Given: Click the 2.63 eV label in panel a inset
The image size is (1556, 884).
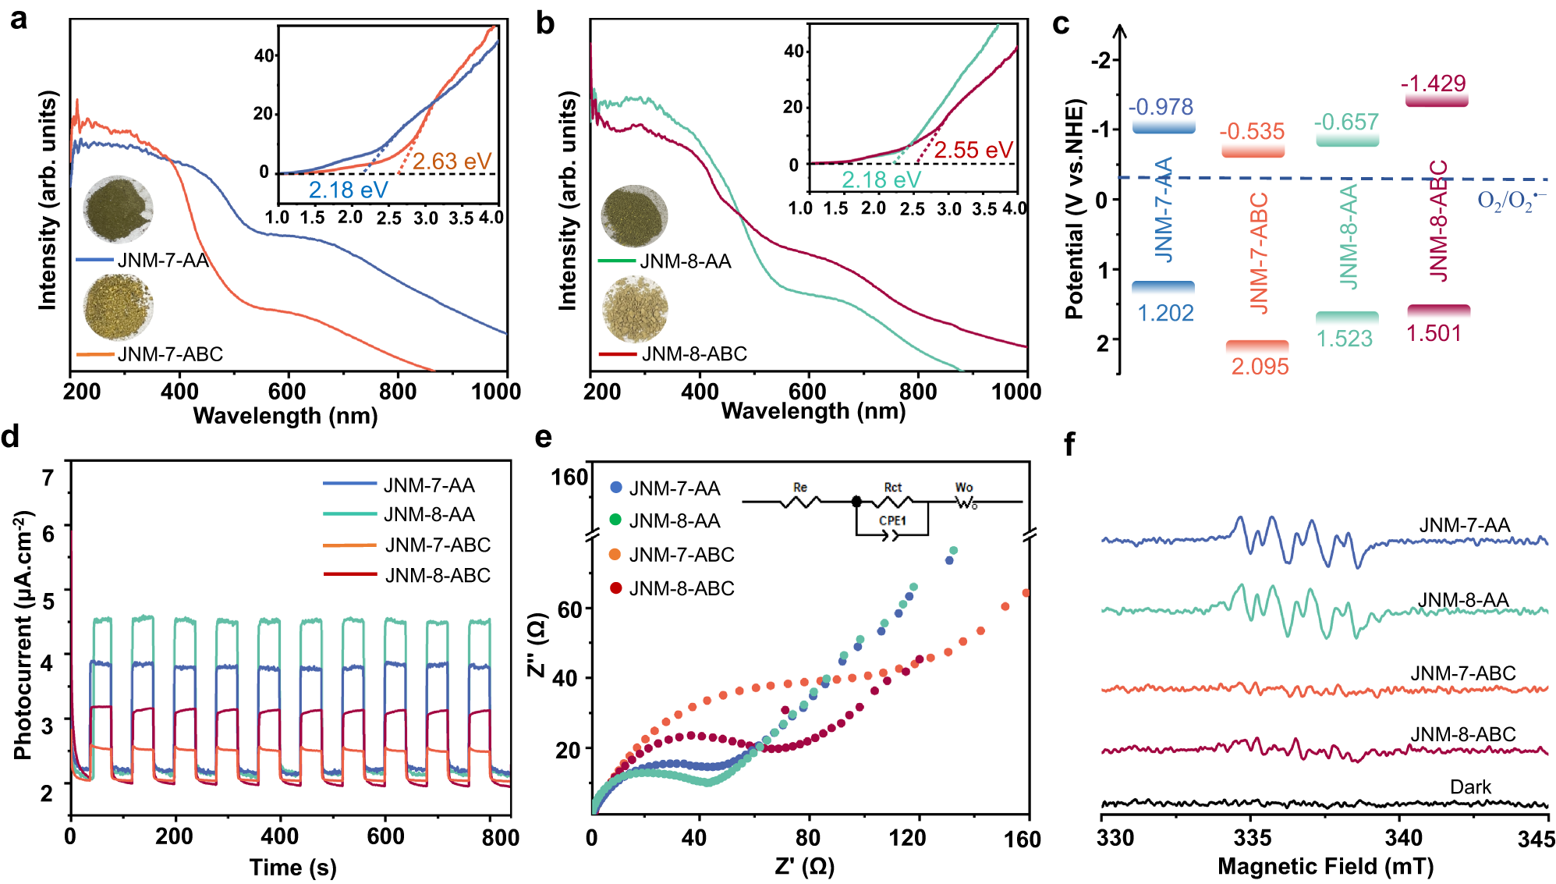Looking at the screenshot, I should [452, 162].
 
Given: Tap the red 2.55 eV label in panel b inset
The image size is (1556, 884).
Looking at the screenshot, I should [973, 150].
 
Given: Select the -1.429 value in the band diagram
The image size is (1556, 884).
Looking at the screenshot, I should [1433, 83].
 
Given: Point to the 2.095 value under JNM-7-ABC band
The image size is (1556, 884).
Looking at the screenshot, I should [1260, 366].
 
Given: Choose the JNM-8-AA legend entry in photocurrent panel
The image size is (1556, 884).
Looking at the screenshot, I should [429, 514].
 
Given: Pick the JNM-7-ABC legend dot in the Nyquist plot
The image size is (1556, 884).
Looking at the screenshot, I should [615, 555].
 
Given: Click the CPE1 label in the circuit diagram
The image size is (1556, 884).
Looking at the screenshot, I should [892, 520].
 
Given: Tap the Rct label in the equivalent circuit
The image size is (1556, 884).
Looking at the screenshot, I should [892, 488].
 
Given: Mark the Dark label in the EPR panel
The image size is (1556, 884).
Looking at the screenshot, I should [1470, 787].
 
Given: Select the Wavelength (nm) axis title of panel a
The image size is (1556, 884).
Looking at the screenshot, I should [285, 415].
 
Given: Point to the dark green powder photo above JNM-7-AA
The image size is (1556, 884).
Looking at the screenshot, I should [118, 209].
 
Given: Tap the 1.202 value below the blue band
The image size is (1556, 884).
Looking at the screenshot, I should [1165, 313].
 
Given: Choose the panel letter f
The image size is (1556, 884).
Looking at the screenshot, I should [1069, 445].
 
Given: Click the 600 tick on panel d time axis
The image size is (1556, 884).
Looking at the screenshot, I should [385, 836].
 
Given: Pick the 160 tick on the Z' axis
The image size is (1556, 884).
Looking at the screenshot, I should [1023, 839].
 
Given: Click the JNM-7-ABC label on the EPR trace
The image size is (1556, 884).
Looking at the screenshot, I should [1462, 673].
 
